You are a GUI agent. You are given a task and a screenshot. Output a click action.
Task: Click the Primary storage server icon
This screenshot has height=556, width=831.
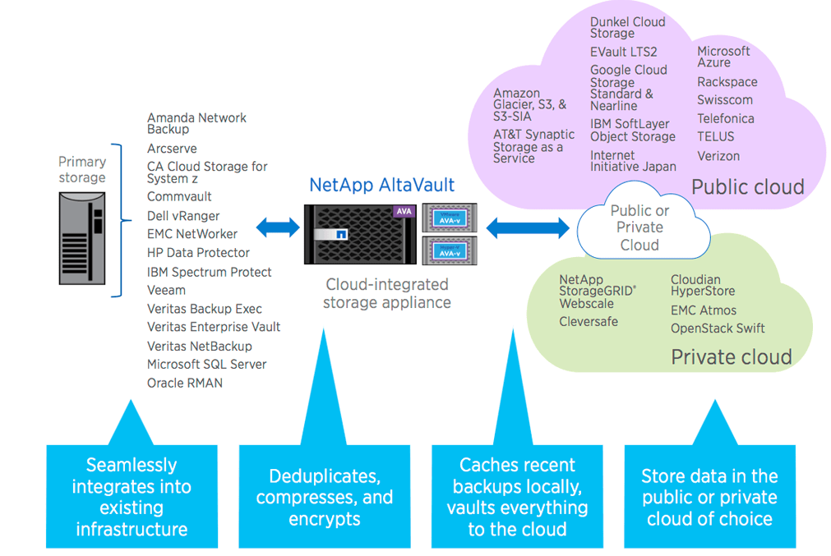click(82, 238)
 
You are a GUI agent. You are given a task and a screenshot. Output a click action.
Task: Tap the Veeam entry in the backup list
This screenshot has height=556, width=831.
click(166, 290)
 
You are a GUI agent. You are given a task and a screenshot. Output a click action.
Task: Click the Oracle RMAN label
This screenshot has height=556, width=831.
click(185, 383)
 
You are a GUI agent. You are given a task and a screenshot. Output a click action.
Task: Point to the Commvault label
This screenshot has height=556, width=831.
click(179, 197)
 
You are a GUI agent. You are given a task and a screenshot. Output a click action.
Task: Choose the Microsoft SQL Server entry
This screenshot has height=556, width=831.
click(206, 364)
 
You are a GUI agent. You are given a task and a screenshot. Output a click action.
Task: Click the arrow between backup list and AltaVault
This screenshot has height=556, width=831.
click(278, 227)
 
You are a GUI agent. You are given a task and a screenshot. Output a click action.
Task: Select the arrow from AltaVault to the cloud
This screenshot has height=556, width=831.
click(527, 227)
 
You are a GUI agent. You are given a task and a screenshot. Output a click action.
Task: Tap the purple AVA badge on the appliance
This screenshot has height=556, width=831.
click(404, 211)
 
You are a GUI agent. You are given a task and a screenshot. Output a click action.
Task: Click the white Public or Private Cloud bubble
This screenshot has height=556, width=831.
click(639, 227)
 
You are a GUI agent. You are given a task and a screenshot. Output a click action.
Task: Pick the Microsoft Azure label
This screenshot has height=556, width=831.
click(723, 57)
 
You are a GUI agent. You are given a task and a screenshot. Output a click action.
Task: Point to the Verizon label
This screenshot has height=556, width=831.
click(718, 156)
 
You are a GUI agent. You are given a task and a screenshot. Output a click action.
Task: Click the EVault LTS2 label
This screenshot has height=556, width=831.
click(623, 53)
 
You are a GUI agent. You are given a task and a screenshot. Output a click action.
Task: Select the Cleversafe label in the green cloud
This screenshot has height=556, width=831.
click(589, 322)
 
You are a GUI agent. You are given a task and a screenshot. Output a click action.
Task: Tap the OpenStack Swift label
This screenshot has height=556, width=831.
click(718, 329)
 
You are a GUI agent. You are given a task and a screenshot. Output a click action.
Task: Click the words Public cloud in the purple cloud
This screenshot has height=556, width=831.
click(747, 187)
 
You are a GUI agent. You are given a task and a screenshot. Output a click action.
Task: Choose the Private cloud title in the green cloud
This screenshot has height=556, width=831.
click(731, 356)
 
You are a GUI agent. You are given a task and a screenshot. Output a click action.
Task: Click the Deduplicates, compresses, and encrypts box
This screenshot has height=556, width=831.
click(325, 497)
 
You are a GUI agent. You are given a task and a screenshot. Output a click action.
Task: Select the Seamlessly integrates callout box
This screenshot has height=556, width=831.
click(132, 497)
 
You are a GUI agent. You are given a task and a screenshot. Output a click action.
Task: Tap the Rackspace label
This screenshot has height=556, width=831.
click(727, 82)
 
